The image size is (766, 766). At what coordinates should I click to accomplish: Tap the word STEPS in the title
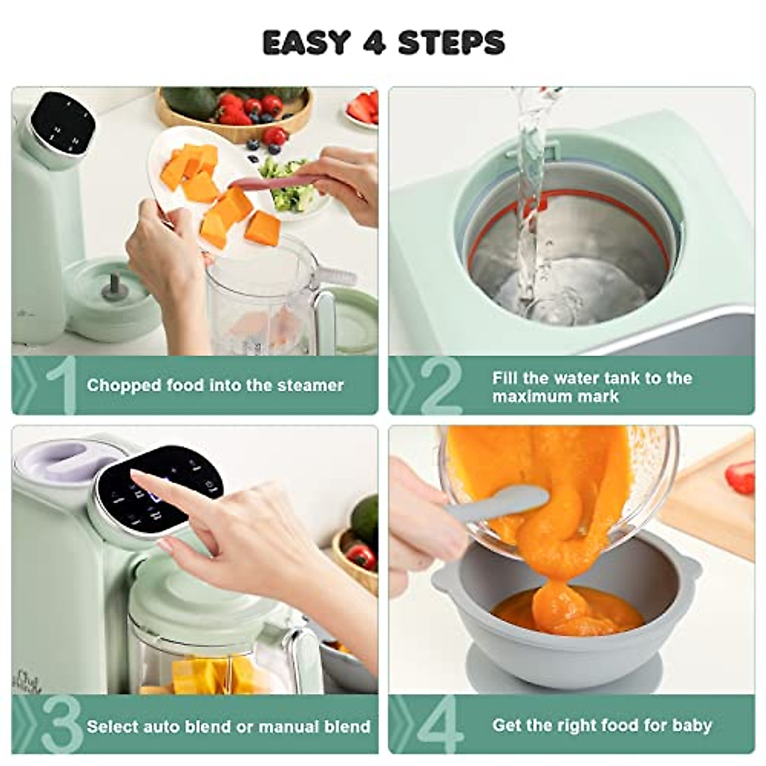(451, 43)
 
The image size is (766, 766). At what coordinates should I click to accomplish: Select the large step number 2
(440, 385)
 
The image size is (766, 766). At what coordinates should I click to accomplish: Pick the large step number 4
(440, 725)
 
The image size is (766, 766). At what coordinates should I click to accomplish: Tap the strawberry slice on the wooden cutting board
(740, 477)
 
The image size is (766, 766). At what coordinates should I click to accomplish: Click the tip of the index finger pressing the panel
(137, 476)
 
